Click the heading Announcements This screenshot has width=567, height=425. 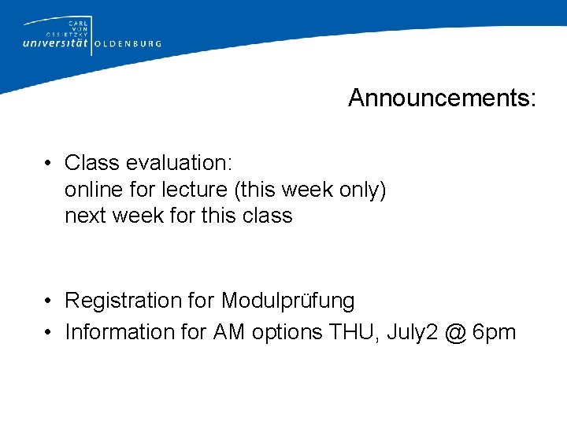[x=442, y=98]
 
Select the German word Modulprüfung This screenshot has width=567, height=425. [x=288, y=301]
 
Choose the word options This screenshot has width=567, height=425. [x=287, y=333]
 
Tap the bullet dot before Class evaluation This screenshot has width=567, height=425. [x=49, y=164]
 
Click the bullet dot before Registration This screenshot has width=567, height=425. [x=49, y=301]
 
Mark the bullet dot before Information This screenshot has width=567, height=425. [x=49, y=333]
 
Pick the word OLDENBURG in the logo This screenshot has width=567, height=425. [x=128, y=44]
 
